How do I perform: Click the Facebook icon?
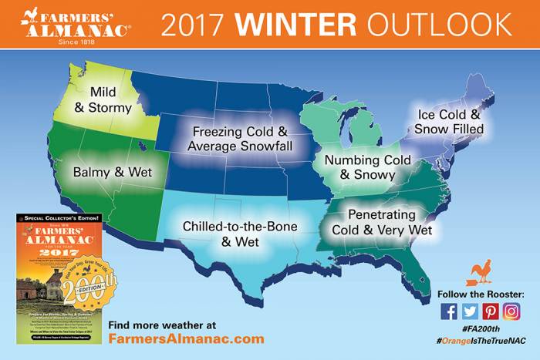[450, 311]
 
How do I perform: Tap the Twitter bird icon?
[471, 311]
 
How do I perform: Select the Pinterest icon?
[491, 311]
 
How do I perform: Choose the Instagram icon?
[511, 311]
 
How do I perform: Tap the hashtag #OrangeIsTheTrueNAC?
[480, 340]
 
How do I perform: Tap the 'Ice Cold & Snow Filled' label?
[448, 122]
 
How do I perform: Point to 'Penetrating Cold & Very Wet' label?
[381, 221]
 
